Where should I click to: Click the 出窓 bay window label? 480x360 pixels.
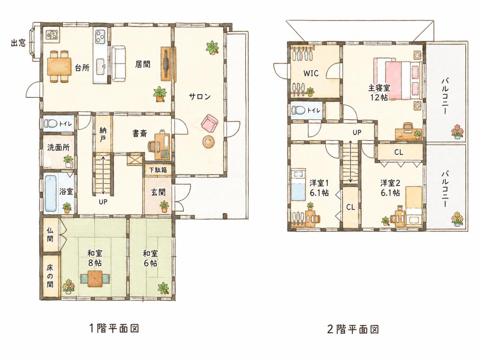pyautogui.click(x=18, y=43)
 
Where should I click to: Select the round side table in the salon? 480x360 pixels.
pyautogui.click(x=208, y=142)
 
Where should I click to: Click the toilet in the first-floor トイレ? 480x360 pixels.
pyautogui.click(x=50, y=124)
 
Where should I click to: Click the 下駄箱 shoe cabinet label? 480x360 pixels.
pyautogui.click(x=158, y=170)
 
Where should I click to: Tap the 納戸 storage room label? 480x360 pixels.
pyautogui.click(x=103, y=135)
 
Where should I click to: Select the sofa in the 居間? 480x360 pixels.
pyautogui.click(x=119, y=64)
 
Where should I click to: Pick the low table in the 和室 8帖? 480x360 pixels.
pyautogui.click(x=95, y=279)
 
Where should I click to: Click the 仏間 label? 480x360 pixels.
pyautogui.click(x=50, y=235)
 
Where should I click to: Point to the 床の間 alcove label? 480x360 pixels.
pyautogui.click(x=50, y=276)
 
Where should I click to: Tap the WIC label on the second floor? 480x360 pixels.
pyautogui.click(x=311, y=73)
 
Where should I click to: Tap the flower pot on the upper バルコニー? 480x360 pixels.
pyautogui.click(x=457, y=132)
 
